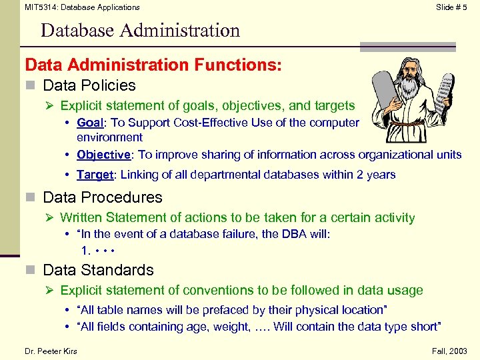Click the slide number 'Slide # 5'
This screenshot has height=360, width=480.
(x=451, y=7)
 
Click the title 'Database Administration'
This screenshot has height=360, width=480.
(x=140, y=31)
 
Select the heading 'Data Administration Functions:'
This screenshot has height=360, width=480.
(x=153, y=65)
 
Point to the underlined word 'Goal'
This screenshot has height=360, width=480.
(x=90, y=123)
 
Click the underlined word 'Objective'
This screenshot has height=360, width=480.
(x=103, y=155)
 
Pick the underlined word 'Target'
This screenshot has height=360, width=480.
(x=94, y=175)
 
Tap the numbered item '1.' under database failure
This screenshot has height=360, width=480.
(x=86, y=251)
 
